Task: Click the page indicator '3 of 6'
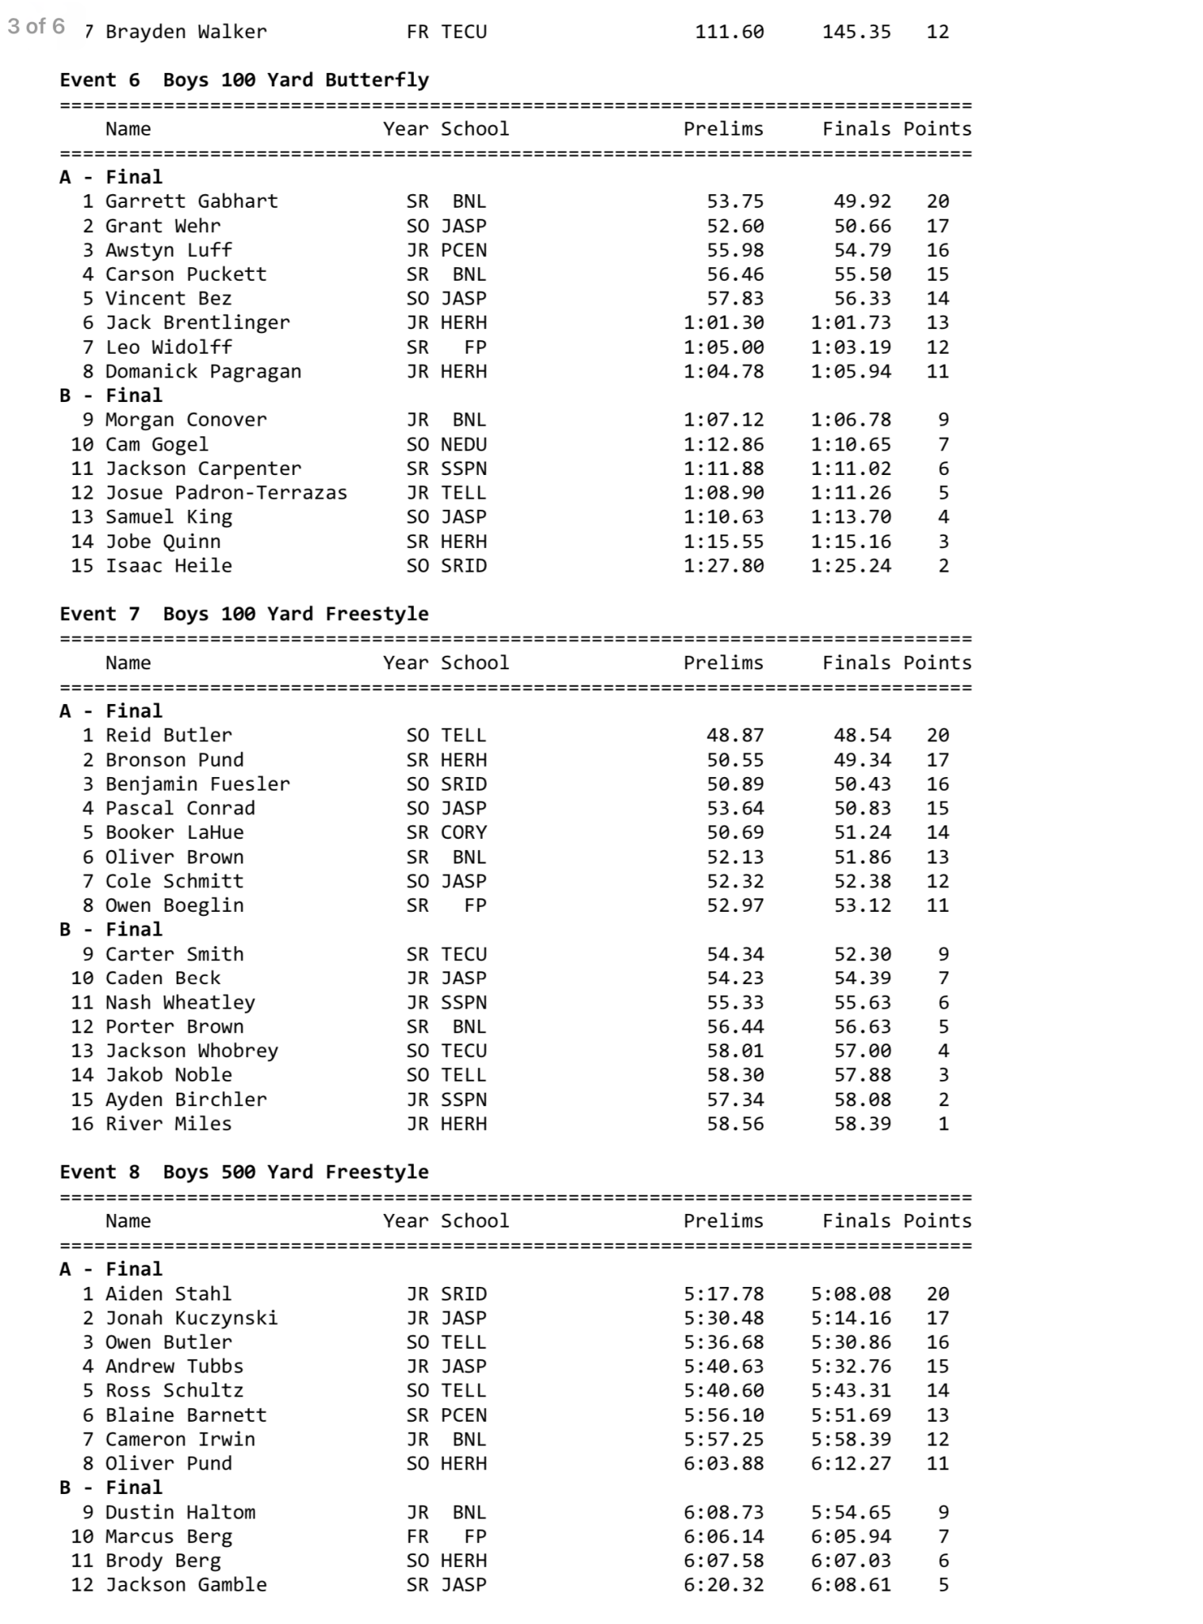[36, 26]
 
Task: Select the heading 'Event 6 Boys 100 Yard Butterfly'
[244, 80]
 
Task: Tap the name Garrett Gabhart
[191, 201]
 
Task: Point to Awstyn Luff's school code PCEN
[464, 251]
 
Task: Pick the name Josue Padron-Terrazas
[226, 492]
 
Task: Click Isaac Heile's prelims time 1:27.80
[723, 565]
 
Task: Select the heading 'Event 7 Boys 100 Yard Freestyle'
[244, 614]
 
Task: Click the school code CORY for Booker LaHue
[464, 833]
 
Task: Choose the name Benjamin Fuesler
[197, 784]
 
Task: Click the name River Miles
[168, 1124]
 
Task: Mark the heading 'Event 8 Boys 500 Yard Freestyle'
[244, 1172]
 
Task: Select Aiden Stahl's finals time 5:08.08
[850, 1294]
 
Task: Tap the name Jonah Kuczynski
[191, 1318]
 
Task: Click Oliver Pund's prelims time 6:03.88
[723, 1463]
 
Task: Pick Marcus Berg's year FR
[417, 1536]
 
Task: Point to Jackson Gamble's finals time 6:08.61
[850, 1584]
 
